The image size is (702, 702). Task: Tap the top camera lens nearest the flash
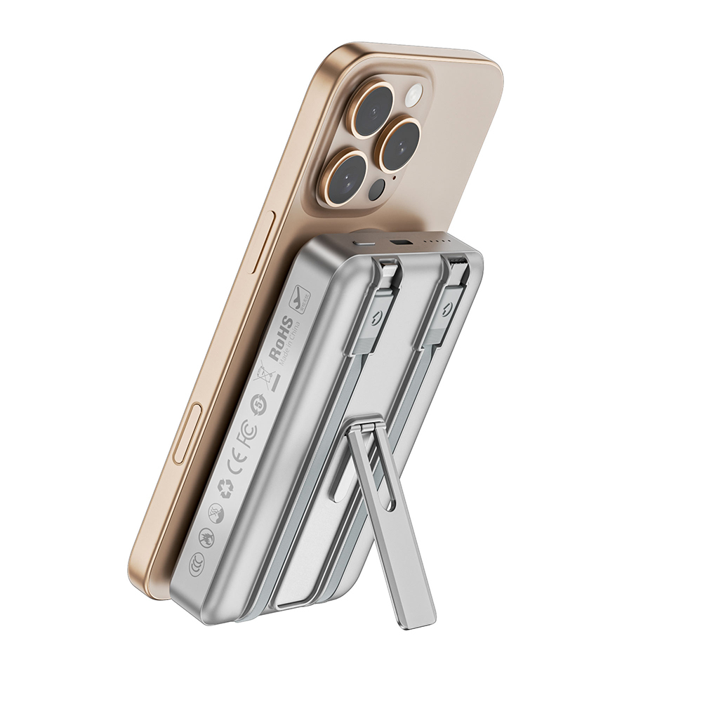(372, 108)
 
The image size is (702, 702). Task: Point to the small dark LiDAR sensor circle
(379, 187)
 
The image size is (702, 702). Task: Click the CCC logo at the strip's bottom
(197, 562)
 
